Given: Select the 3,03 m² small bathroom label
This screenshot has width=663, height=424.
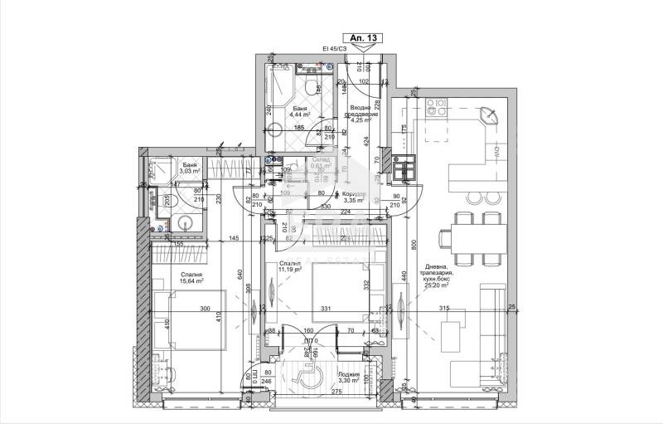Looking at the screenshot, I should pyautogui.click(x=191, y=170).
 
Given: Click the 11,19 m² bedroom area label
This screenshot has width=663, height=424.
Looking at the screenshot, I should pyautogui.click(x=292, y=269).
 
